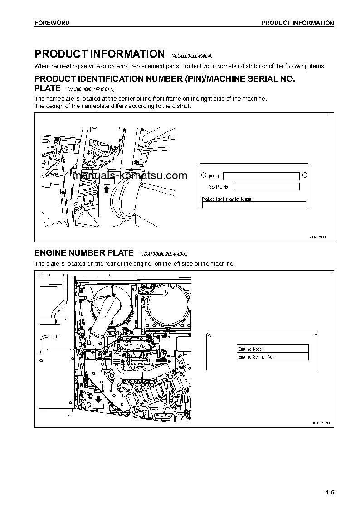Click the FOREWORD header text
pyautogui.click(x=52, y=23)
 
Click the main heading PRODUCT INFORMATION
pyautogui.click(x=99, y=54)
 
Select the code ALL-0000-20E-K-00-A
pyautogui.click(x=192, y=56)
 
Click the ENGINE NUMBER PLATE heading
pyautogui.click(x=84, y=252)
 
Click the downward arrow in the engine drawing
pyautogui.click(x=98, y=399)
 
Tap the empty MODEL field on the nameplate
pyautogui.click(x=261, y=176)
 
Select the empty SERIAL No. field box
pyautogui.click(x=267, y=187)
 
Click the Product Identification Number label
pyautogui.click(x=227, y=199)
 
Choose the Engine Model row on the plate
pyautogui.click(x=272, y=349)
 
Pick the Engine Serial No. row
pyautogui.click(x=272, y=357)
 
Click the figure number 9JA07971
pyautogui.click(x=318, y=237)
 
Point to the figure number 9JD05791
pyautogui.click(x=321, y=422)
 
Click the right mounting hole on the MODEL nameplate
pyautogui.click(x=305, y=175)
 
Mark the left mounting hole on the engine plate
pyautogui.click(x=210, y=336)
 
